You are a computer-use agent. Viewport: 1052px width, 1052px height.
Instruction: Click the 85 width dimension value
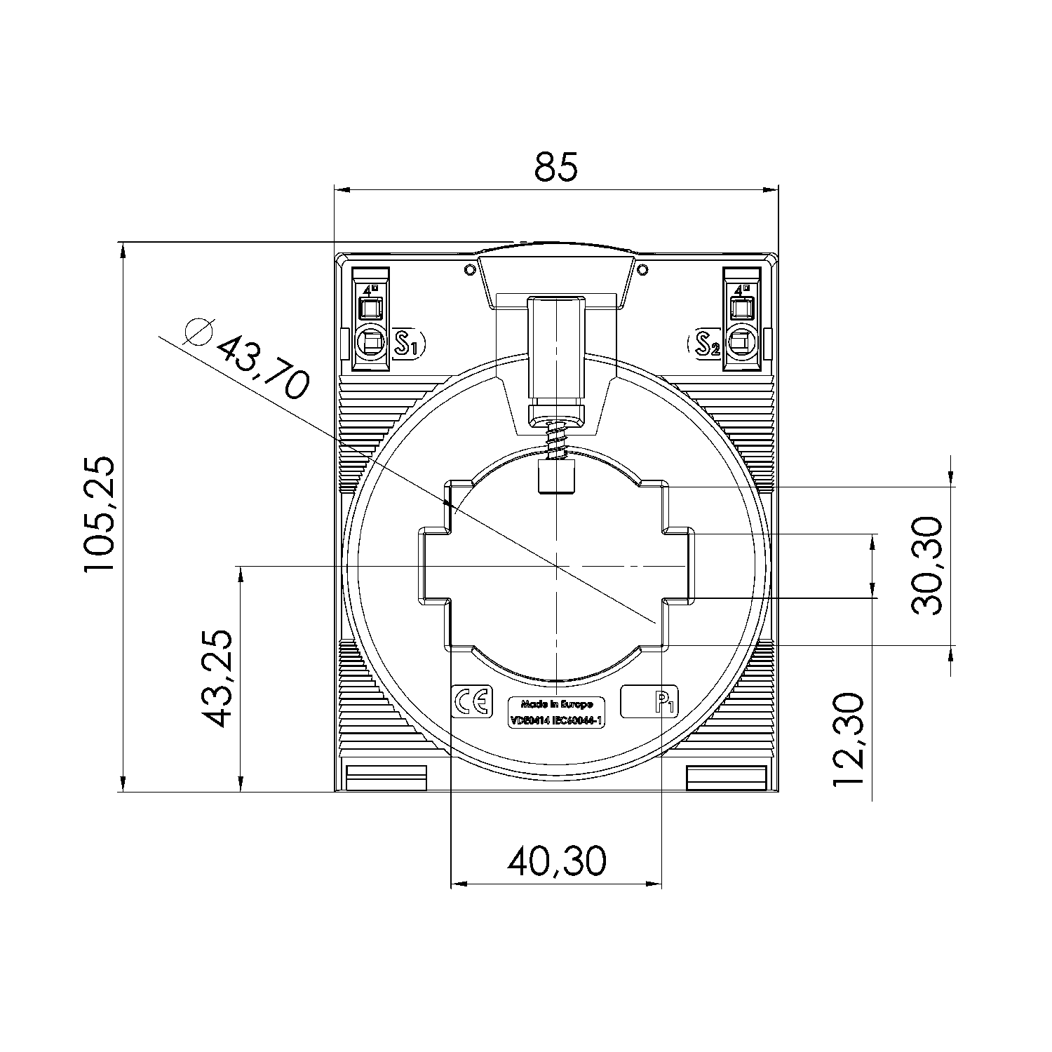point(556,167)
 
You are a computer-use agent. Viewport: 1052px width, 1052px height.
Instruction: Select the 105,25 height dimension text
point(99,515)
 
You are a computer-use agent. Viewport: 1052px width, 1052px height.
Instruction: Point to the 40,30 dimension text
point(556,861)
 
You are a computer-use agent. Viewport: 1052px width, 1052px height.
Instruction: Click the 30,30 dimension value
point(928,565)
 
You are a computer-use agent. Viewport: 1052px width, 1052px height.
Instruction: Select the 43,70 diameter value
point(262,365)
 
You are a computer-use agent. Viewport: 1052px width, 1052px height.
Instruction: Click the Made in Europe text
point(558,703)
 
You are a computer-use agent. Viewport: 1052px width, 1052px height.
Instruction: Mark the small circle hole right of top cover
point(642,269)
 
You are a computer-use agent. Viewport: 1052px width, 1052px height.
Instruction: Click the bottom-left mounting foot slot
point(386,777)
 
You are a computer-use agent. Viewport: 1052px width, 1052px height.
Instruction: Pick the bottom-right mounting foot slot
point(725,777)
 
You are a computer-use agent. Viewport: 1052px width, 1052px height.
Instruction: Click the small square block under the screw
point(556,477)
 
